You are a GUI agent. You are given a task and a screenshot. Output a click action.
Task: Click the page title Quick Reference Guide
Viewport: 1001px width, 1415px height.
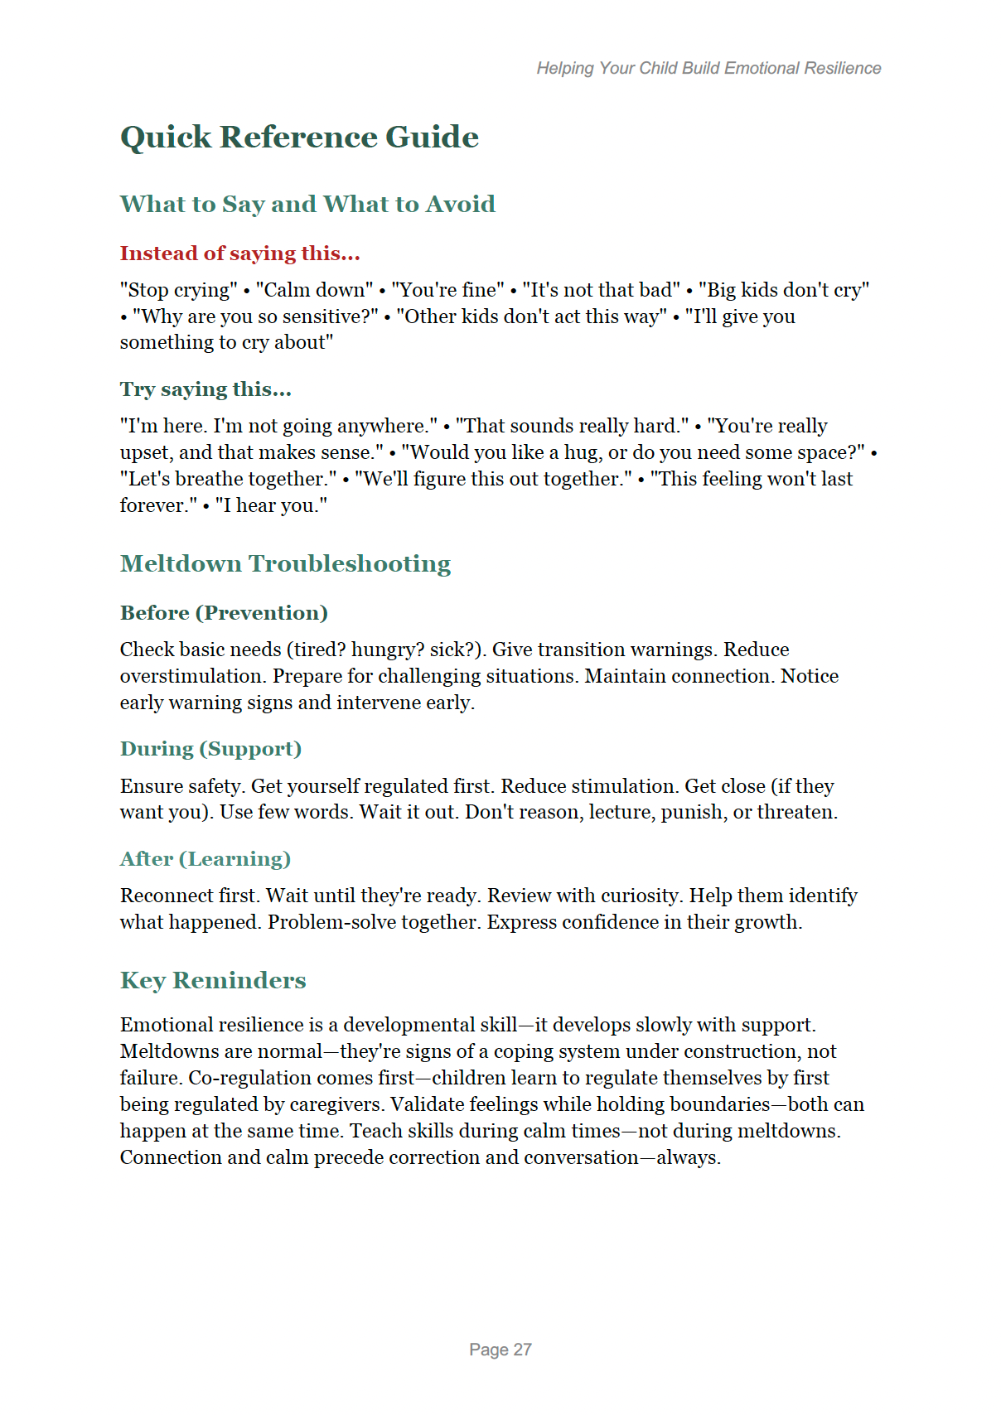[x=299, y=137]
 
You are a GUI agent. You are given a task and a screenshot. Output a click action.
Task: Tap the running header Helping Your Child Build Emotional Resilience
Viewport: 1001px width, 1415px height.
[x=708, y=68]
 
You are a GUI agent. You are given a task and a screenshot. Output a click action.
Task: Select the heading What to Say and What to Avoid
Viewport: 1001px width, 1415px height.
[x=307, y=204]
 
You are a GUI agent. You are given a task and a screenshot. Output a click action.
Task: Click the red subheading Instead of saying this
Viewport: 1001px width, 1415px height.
[x=239, y=254]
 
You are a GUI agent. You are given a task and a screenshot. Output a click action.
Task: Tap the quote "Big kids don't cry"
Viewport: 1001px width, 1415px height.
[x=783, y=290]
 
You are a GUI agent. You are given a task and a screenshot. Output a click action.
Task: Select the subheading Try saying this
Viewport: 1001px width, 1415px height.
[x=206, y=389]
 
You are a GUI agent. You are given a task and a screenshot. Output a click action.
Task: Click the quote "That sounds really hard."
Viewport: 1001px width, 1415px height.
[x=572, y=426]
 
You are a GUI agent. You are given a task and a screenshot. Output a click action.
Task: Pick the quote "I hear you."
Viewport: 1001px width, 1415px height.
[x=271, y=505]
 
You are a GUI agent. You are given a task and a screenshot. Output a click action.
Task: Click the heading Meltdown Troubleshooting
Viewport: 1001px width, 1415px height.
[x=285, y=563]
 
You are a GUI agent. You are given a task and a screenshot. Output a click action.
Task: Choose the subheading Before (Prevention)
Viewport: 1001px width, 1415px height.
[x=224, y=613]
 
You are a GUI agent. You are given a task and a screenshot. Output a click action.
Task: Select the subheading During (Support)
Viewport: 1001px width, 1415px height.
[x=210, y=749]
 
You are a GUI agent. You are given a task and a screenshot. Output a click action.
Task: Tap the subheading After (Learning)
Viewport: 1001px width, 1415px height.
[x=205, y=859]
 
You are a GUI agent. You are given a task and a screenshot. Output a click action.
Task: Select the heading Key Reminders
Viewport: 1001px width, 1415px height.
[x=213, y=980]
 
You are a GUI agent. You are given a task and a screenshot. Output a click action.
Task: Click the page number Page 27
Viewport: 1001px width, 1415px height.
[x=500, y=1350]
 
